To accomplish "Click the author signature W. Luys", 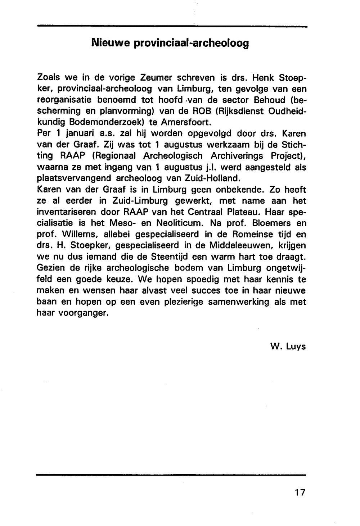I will pos(288,346).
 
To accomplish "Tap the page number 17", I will pos(299,492).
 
